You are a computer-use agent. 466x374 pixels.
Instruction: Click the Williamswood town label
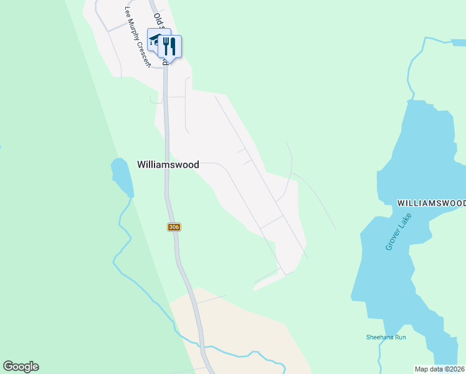[168, 165]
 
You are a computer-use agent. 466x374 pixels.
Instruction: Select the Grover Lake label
[398, 232]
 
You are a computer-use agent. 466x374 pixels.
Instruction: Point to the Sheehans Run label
[386, 337]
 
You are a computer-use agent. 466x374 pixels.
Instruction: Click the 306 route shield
[174, 227]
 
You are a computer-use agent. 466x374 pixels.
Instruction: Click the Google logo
[21, 367]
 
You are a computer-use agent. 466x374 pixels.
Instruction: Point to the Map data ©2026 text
[439, 369]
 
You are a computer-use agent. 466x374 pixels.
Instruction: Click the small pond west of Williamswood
[121, 176]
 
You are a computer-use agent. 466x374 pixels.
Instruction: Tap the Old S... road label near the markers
[160, 25]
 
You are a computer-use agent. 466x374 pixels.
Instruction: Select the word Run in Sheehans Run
[400, 337]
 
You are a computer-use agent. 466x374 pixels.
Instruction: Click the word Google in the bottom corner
[21, 367]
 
